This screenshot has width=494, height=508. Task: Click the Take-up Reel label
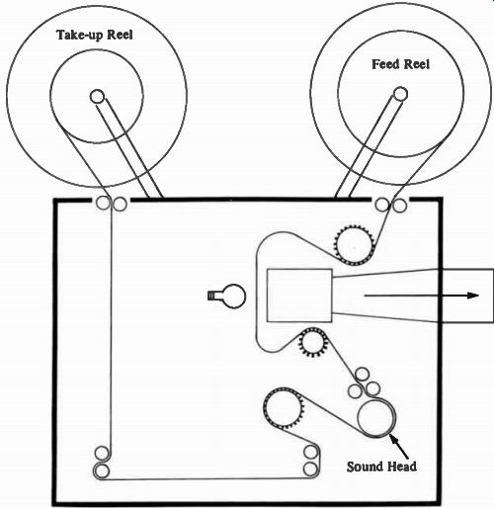[95, 36]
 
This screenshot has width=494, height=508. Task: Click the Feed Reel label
[400, 64]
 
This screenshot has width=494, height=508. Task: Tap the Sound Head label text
[381, 466]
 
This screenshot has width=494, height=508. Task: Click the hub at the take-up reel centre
[97, 97]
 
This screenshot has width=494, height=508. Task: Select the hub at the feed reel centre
[400, 94]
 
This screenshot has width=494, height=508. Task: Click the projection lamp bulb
[233, 296]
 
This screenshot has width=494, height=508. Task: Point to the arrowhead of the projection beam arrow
[473, 296]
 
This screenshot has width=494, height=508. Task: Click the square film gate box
[299, 296]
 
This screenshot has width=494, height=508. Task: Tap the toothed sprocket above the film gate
[354, 245]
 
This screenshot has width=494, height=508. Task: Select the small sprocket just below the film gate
[312, 343]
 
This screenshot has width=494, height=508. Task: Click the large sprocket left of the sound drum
[283, 407]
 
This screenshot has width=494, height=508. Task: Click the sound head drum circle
[376, 418]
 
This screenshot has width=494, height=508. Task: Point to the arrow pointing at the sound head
[399, 447]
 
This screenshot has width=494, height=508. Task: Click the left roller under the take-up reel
[103, 204]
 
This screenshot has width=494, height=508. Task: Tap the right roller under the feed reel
[399, 205]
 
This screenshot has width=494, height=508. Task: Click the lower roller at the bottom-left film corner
[102, 471]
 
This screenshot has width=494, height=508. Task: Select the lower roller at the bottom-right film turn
[310, 468]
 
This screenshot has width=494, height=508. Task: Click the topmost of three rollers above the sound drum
[362, 375]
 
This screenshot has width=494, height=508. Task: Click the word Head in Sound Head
[401, 466]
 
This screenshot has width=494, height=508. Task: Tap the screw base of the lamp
[211, 296]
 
